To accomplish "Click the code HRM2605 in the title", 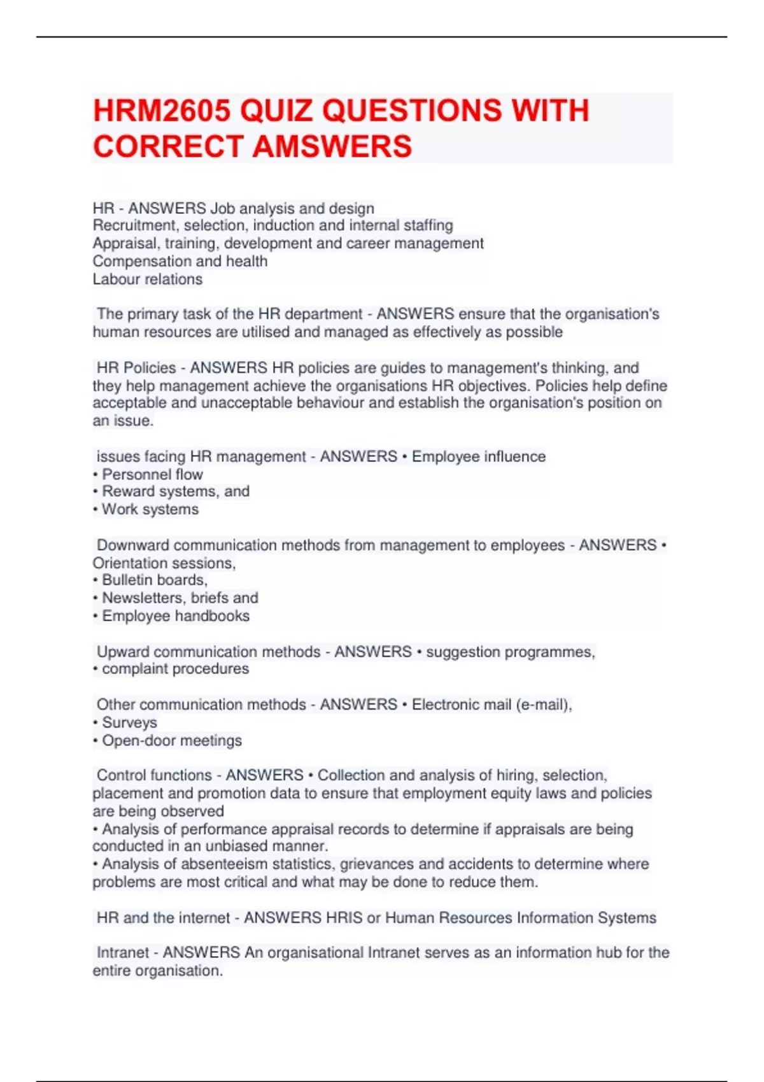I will (162, 111).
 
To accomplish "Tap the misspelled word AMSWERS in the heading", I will (332, 146).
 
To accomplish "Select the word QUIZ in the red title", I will (276, 111).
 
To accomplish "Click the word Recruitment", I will (136, 225).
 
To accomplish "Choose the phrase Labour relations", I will (147, 279).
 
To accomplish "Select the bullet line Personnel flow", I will (152, 474).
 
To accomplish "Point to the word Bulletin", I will (127, 580).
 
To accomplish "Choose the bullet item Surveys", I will (129, 722).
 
